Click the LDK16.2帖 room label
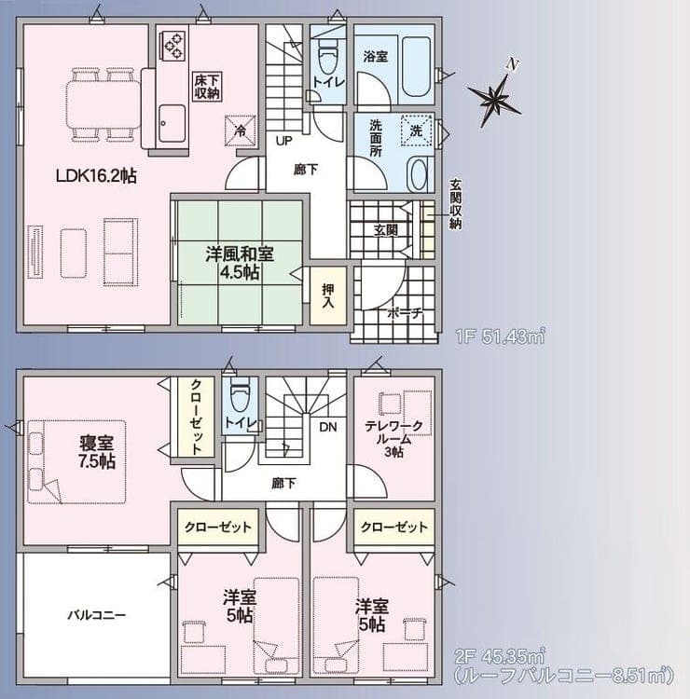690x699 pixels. [x=96, y=176]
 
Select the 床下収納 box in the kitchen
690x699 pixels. [x=207, y=87]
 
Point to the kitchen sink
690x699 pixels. [x=172, y=123]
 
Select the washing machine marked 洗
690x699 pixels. [x=417, y=130]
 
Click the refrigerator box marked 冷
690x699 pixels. [x=241, y=130]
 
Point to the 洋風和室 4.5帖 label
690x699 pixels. [x=240, y=263]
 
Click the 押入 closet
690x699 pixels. [x=328, y=295]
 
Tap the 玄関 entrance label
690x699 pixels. [x=386, y=230]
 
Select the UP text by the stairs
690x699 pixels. [x=283, y=142]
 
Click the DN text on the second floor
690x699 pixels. [x=328, y=427]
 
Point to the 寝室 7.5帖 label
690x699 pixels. [x=97, y=452]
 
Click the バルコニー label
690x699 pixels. [x=97, y=616]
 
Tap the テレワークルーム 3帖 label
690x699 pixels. [x=393, y=439]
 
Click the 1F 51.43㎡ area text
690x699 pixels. [x=501, y=336]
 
